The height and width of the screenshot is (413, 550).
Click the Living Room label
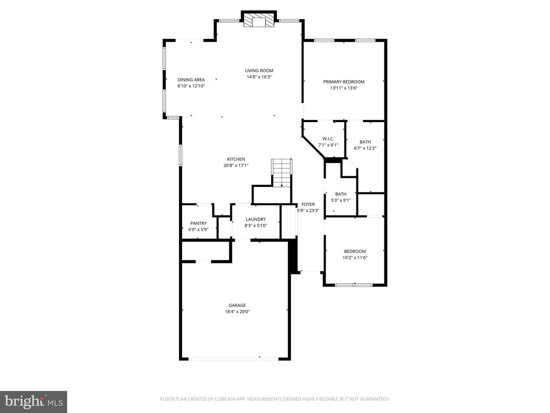(x=259, y=71)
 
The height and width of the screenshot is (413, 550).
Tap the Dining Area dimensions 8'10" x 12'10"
(x=191, y=86)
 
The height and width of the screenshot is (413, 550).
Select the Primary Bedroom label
(x=343, y=82)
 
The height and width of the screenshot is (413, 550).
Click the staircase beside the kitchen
(x=281, y=173)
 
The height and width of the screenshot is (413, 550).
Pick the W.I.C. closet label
(x=328, y=139)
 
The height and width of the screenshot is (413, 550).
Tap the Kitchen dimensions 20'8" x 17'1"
(x=236, y=166)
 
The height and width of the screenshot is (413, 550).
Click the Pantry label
(x=199, y=223)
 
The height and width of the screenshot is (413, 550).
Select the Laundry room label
(x=256, y=219)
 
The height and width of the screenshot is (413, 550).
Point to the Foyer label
(x=308, y=204)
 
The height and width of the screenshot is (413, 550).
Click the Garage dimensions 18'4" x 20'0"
(x=237, y=312)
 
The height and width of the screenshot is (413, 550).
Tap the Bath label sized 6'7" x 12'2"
(x=365, y=142)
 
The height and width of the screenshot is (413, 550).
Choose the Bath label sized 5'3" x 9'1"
(x=341, y=194)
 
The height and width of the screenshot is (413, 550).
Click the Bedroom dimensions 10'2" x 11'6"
(x=355, y=257)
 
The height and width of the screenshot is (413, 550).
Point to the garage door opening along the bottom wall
(x=233, y=359)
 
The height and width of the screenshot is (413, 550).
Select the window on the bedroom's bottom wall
(x=354, y=285)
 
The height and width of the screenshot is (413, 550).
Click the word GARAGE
(x=237, y=306)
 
